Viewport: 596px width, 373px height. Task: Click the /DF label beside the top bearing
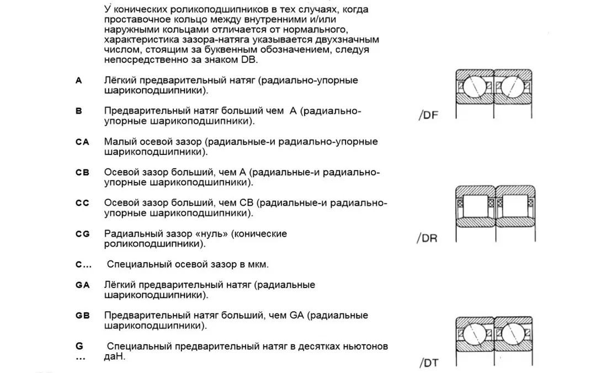(428, 116)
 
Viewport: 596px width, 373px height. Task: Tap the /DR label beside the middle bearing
(428, 239)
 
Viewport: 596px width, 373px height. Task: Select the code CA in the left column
(82, 142)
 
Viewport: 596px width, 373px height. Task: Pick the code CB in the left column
(82, 172)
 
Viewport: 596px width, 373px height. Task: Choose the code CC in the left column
(82, 203)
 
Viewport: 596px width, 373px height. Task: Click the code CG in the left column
(82, 234)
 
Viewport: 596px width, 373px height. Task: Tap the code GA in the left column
(82, 285)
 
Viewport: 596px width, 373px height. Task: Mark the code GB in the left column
(82, 316)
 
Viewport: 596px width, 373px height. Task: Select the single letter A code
(79, 81)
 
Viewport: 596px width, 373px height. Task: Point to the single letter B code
(79, 111)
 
